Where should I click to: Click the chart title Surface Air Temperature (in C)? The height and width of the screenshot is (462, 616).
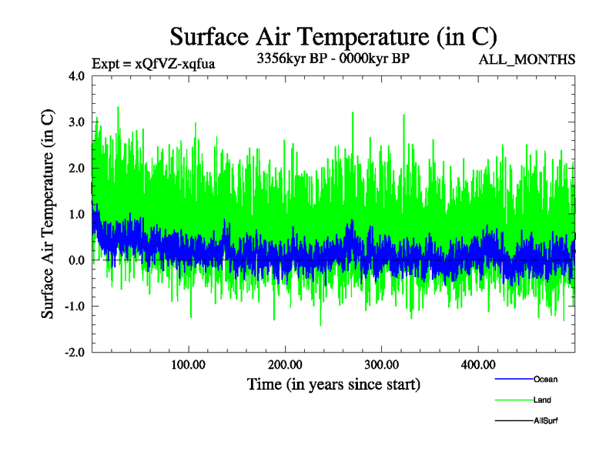333,37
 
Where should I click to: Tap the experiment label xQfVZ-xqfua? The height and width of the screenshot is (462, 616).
152,63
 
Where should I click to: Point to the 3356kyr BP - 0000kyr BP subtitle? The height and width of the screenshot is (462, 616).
332,59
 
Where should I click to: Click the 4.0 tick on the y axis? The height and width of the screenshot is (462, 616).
77,76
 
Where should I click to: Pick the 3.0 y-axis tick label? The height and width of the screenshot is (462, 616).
77,122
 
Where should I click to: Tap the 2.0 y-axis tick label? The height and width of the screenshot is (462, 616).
77,168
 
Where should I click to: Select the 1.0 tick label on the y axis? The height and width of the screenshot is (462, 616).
77,214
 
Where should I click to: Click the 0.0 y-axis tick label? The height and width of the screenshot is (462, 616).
77,260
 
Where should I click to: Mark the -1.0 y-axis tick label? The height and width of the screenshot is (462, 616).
75,306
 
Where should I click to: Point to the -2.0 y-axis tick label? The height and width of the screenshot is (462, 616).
75,352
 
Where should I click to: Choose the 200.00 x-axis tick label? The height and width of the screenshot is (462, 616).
285,364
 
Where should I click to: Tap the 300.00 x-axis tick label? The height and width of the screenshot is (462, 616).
381,364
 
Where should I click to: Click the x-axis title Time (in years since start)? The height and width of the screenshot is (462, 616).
333,384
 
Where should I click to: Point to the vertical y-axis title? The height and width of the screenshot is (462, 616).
48,214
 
